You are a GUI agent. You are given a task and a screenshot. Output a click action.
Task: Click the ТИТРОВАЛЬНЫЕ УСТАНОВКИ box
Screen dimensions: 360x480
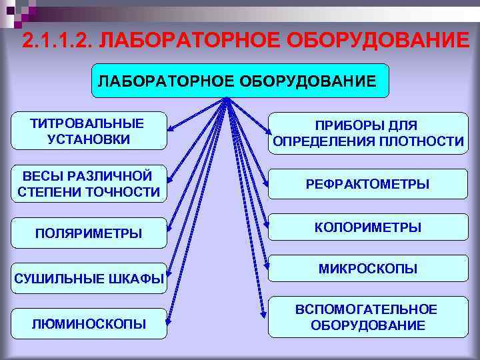tap(89, 131)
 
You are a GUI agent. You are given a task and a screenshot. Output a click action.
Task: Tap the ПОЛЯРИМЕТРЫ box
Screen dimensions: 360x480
tap(88, 233)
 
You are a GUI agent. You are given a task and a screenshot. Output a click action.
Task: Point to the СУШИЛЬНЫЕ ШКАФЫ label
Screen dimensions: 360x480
tap(88, 279)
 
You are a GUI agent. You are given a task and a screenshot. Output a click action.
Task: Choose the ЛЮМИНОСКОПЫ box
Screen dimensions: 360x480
tap(88, 324)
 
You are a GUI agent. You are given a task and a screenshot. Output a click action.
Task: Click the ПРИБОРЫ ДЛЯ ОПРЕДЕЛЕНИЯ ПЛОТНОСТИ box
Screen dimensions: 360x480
tap(368, 133)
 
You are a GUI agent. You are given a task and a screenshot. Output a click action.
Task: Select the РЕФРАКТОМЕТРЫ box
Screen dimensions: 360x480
tap(368, 183)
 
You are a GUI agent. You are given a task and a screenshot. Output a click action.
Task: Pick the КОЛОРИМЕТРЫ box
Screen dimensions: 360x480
tap(368, 227)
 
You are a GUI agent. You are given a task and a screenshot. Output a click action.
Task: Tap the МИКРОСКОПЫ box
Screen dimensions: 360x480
tap(368, 269)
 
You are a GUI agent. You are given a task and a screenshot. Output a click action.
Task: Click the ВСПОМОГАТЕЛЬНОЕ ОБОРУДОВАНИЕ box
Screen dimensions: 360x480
tap(368, 317)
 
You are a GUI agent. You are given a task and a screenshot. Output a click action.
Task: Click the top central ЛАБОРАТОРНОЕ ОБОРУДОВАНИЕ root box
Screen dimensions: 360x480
tap(238, 81)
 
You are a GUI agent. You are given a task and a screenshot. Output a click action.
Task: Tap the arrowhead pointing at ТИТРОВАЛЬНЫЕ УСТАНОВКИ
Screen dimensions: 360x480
tap(169, 127)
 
